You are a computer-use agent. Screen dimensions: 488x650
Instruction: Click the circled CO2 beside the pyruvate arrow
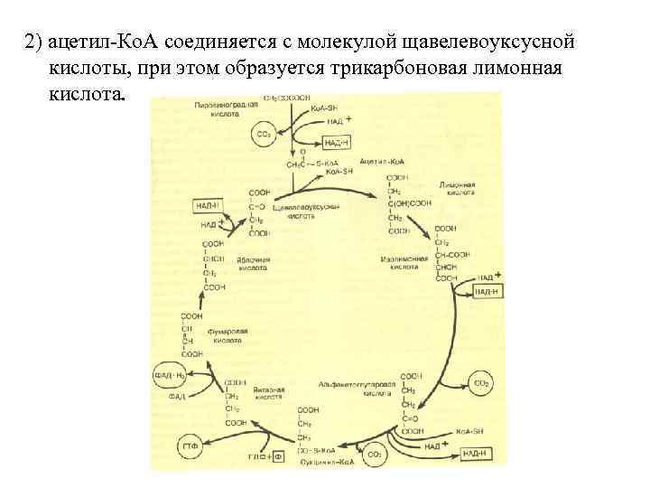[264, 135]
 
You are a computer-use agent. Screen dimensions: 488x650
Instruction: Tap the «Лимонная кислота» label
[457, 188]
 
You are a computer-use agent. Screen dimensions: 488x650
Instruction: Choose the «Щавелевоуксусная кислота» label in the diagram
[311, 211]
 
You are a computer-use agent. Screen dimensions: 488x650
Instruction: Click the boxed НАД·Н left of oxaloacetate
[209, 205]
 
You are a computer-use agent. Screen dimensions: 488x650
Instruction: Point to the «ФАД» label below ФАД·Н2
[177, 396]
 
